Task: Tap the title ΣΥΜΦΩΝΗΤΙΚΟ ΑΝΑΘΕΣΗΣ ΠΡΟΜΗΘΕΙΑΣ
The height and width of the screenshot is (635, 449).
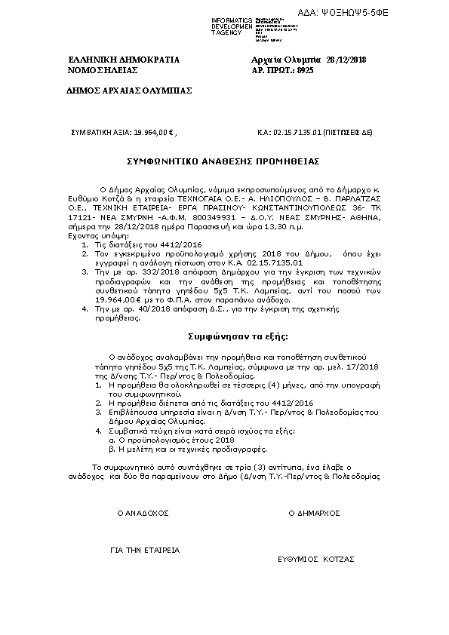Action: click(223, 161)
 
